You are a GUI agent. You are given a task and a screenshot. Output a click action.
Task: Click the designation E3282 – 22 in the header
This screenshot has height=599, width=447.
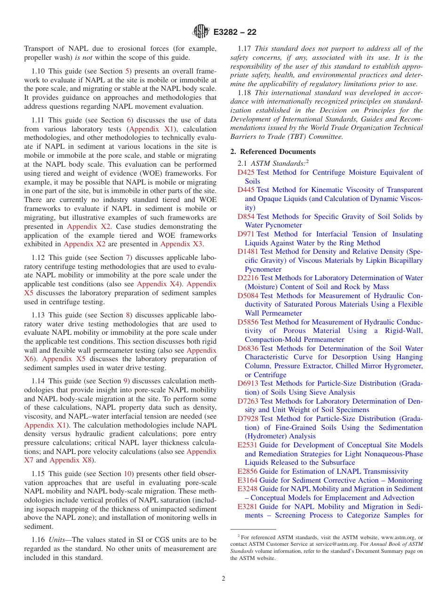point(235,32)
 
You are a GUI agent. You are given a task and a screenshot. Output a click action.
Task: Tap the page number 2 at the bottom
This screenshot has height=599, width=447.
point(223,578)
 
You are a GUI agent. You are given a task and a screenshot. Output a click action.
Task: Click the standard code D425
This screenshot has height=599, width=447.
point(246,172)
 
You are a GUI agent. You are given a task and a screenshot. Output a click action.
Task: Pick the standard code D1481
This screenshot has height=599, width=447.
point(247,251)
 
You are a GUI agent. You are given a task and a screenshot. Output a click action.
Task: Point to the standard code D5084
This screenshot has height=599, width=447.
point(247,296)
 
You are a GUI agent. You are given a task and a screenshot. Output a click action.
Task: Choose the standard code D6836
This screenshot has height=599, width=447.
point(247,348)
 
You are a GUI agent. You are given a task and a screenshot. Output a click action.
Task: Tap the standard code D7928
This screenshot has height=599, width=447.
point(247,419)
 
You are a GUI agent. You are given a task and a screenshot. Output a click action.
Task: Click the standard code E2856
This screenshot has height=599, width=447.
point(247,471)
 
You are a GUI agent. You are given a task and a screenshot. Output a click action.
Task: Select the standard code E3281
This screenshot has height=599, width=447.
point(247,507)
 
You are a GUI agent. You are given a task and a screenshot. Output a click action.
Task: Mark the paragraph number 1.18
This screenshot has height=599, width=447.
point(245,93)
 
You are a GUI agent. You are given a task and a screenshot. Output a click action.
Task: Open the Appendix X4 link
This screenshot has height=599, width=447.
point(158,284)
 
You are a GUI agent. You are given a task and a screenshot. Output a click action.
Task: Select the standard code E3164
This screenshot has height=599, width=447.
point(247,480)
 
